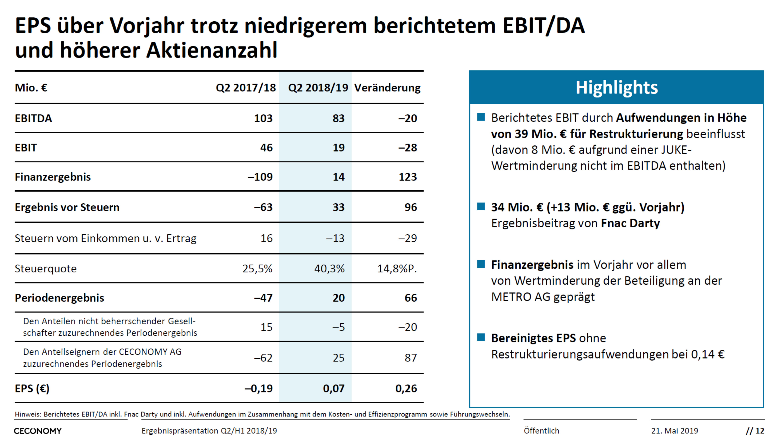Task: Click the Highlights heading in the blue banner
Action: pyautogui.click(x=616, y=88)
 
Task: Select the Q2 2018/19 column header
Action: pyautogui.click(x=318, y=88)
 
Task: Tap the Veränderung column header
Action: pyautogui.click(x=387, y=88)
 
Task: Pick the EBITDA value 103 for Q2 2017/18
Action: pyautogui.click(x=263, y=118)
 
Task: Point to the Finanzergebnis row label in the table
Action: pyautogui.click(x=53, y=177)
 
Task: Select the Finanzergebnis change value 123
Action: pyautogui.click(x=407, y=177)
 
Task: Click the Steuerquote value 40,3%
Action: pyautogui.click(x=329, y=268)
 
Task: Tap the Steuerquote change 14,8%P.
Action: pyautogui.click(x=397, y=268)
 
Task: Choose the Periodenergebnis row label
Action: pyautogui.click(x=60, y=298)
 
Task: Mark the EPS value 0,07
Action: pyautogui.click(x=334, y=389)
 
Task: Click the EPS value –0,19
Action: pyautogui.click(x=259, y=389)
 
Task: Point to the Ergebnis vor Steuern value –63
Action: pyautogui.click(x=263, y=207)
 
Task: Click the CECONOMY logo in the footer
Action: pyautogui.click(x=38, y=431)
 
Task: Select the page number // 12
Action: pyautogui.click(x=755, y=431)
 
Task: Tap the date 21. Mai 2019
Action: pyautogui.click(x=675, y=431)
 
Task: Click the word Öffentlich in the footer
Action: pyautogui.click(x=541, y=431)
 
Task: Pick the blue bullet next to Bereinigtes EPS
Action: pyautogui.click(x=481, y=337)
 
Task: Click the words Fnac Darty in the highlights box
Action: pyautogui.click(x=630, y=223)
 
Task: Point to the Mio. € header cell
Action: pyautogui.click(x=31, y=88)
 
